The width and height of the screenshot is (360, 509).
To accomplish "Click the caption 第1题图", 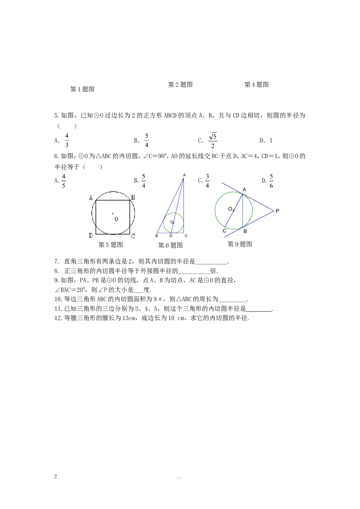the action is [x=82, y=89].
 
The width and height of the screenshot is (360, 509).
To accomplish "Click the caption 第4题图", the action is [x=256, y=85].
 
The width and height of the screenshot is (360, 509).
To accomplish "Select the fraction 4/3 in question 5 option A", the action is [x=67, y=140].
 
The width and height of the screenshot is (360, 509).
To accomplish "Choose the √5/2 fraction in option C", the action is [x=213, y=140].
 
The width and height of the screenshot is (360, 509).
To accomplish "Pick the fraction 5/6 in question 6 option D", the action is [x=271, y=181].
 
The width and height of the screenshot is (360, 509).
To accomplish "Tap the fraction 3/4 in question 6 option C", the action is [x=207, y=181].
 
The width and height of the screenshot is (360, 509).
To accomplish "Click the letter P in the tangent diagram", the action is [x=277, y=211].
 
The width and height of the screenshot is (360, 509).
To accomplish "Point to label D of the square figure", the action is [x=90, y=235].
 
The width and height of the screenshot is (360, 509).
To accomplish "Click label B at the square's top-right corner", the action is [x=133, y=197].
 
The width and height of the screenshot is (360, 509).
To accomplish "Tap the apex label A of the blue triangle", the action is [x=184, y=175].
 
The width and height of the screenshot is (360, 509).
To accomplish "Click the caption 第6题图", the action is [x=170, y=246].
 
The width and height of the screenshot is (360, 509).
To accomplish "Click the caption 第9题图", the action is [x=240, y=244].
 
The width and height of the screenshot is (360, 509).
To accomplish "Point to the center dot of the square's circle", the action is [x=113, y=213].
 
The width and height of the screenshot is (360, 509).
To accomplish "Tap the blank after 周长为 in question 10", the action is [x=233, y=299].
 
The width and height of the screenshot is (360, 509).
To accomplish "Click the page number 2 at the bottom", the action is [x=55, y=477].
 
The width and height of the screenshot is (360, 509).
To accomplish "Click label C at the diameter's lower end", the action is [x=224, y=231].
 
